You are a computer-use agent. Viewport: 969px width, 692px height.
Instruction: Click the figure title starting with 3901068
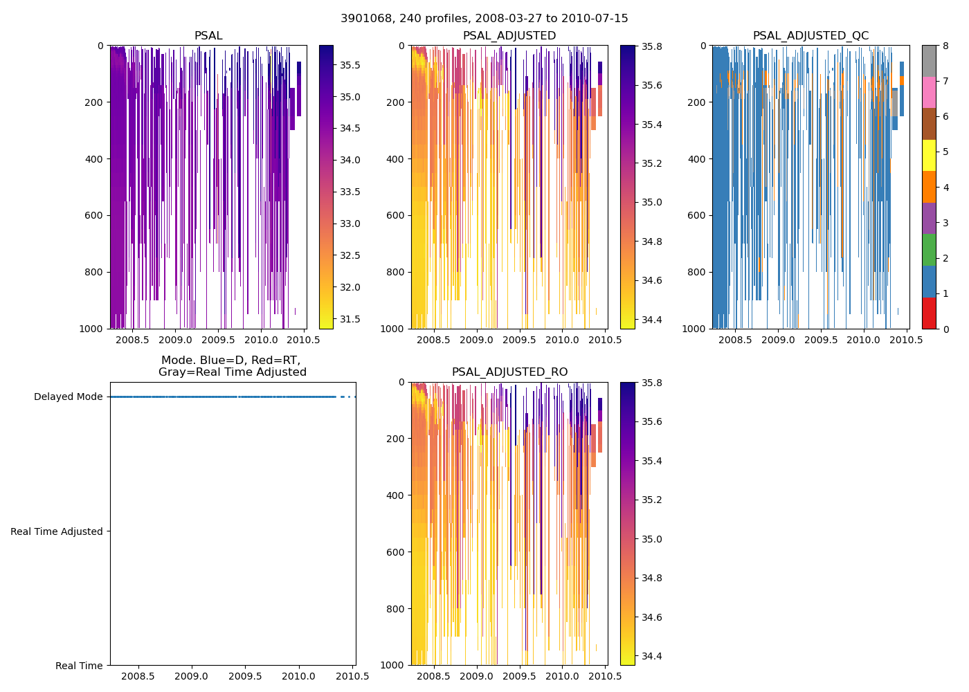(484, 19)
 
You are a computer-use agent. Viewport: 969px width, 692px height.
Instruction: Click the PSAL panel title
(208, 36)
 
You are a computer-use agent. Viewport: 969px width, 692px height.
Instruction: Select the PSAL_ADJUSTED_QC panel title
(810, 36)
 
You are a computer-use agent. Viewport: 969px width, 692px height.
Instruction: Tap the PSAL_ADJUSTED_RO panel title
(509, 372)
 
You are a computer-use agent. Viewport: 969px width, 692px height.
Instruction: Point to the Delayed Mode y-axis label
(68, 397)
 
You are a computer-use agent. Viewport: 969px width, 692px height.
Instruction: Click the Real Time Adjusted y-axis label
(57, 531)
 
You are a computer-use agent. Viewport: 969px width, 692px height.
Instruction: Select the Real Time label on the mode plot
(79, 666)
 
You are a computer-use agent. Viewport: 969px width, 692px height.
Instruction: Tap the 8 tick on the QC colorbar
(946, 46)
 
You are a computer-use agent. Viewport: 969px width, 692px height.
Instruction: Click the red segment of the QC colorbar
(929, 313)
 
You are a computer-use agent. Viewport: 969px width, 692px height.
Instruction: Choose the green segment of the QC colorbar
(929, 249)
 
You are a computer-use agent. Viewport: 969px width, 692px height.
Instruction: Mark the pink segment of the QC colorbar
(929, 93)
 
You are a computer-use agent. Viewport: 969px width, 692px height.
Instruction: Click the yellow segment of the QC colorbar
(929, 155)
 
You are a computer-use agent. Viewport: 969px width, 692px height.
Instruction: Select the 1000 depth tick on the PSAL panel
(91, 329)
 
